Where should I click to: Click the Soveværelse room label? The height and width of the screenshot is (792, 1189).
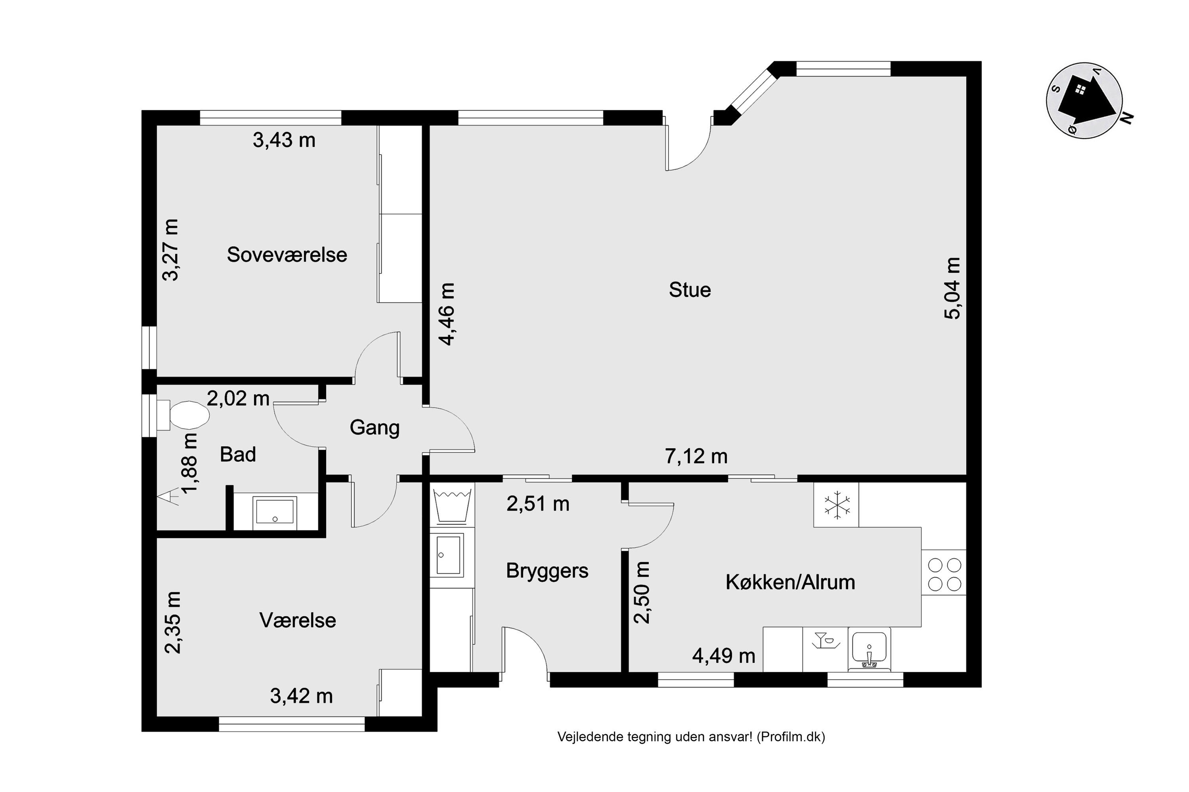tap(287, 255)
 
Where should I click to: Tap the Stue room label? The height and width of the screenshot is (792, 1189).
tap(690, 290)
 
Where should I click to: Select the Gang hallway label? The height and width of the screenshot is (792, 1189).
tap(375, 428)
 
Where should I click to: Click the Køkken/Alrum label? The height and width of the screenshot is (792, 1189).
tap(790, 583)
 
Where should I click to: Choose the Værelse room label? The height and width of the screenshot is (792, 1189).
tap(298, 620)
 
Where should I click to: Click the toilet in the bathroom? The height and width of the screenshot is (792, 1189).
tap(183, 415)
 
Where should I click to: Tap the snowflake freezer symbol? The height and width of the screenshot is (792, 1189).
tap(837, 505)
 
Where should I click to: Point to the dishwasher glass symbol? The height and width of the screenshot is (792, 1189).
tap(825, 640)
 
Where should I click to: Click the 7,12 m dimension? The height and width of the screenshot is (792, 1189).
tap(696, 457)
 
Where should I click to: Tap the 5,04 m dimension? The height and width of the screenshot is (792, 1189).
tap(952, 288)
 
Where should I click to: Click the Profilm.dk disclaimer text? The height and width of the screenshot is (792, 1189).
tap(691, 737)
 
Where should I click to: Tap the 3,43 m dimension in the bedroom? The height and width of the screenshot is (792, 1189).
tap(284, 140)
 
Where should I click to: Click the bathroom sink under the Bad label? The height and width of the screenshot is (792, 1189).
tap(275, 511)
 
